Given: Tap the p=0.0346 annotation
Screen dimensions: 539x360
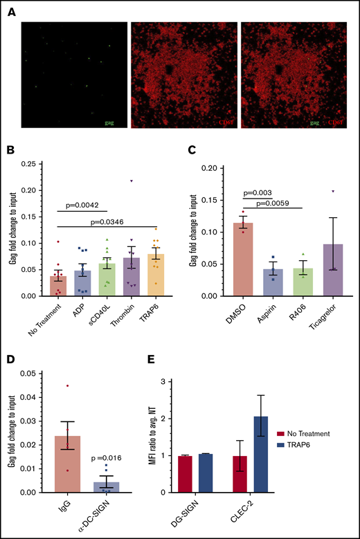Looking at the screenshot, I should tap(122, 221).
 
